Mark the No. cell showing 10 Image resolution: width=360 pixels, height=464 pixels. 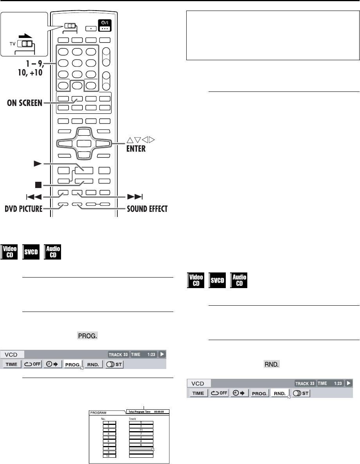coord(107,456)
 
